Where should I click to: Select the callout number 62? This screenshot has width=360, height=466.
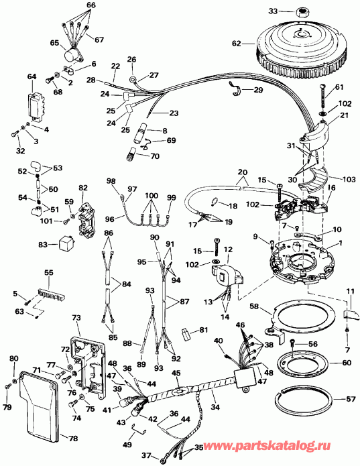[235, 43]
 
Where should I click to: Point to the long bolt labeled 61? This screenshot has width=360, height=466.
[324, 101]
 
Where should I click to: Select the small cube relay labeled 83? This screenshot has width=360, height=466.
[64, 246]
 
